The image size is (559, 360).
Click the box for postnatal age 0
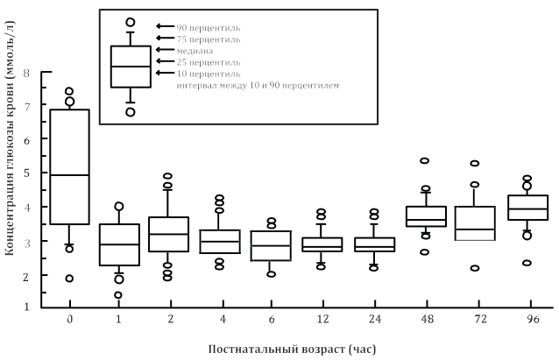coord(68,166)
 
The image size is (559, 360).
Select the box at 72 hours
coord(474,223)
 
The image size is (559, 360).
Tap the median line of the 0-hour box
coord(68,175)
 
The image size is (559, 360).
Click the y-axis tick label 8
coord(28,73)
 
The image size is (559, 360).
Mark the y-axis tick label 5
coord(28,173)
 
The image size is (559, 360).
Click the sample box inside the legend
coord(131,66)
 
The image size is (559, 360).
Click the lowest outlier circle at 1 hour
coord(118,295)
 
